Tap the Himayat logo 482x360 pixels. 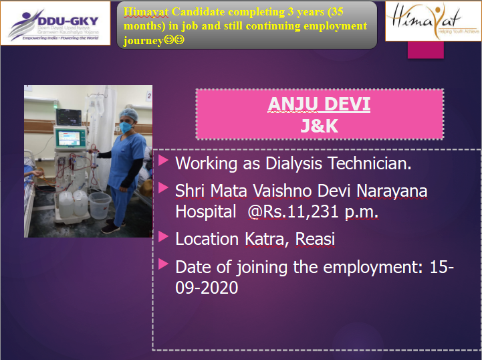[433, 21]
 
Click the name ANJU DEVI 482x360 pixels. [319, 104]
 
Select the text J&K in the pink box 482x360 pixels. [320, 126]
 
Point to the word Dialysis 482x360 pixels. [293, 163]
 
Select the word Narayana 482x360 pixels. [392, 191]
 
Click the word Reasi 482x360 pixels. [315, 239]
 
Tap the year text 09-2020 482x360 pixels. [207, 287]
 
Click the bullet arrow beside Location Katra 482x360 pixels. [163, 237]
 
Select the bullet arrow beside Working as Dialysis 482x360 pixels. [163, 161]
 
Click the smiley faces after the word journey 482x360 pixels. [174, 40]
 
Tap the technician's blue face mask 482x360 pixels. [126, 126]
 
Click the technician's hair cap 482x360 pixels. [128, 114]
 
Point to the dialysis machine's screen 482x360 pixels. [69, 138]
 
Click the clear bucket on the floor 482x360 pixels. [100, 205]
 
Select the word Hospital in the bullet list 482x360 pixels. [206, 211]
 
